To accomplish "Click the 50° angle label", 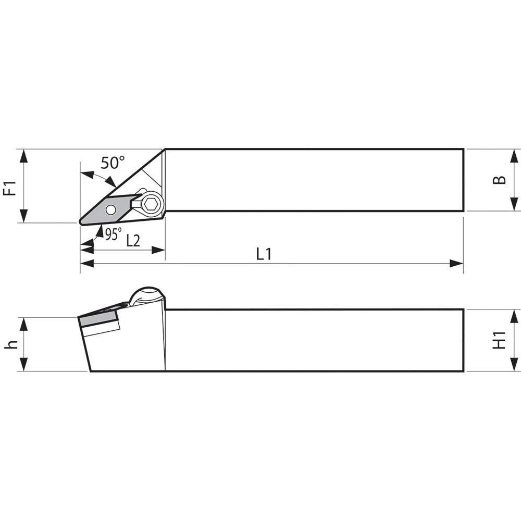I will [x=113, y=163].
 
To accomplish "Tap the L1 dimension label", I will [x=264, y=254].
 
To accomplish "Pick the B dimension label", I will [x=500, y=180].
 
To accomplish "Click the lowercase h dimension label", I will [x=11, y=344].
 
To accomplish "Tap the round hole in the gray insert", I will [x=110, y=210].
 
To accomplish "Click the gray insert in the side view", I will [x=98, y=317].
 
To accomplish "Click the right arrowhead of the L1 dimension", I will [x=457, y=264].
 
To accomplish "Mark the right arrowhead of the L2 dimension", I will [x=158, y=250].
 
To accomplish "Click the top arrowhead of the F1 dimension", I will [x=23, y=155].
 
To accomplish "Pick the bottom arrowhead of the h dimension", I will [x=23, y=365].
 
